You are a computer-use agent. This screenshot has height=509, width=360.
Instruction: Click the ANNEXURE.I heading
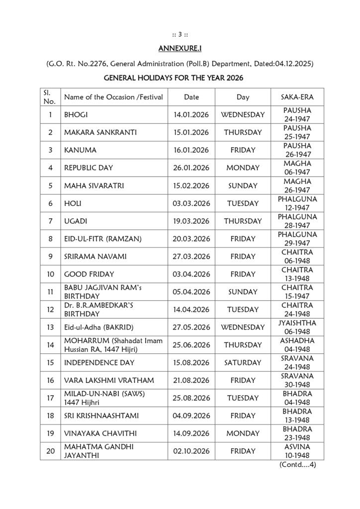point(180,48)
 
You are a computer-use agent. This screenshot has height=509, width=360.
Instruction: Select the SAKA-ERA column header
point(297,97)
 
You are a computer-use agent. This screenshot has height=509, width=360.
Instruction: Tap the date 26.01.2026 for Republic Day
point(191,168)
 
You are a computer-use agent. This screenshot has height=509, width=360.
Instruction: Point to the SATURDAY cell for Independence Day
point(243,362)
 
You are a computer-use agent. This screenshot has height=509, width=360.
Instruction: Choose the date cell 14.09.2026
point(191,433)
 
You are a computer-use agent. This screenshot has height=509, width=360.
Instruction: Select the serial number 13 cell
point(50,327)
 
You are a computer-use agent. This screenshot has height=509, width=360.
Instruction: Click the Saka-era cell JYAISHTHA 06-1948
point(297,327)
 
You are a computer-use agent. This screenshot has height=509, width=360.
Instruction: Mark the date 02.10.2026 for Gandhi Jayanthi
point(191,451)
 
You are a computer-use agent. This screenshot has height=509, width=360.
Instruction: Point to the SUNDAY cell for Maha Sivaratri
point(243,185)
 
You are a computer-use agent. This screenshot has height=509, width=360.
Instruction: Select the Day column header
point(243,97)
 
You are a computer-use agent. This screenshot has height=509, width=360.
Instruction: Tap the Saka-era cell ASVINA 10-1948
point(297,451)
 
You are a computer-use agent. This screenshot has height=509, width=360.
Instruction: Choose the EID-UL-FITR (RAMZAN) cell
point(103,239)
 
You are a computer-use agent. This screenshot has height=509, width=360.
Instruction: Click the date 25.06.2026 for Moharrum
point(191,344)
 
